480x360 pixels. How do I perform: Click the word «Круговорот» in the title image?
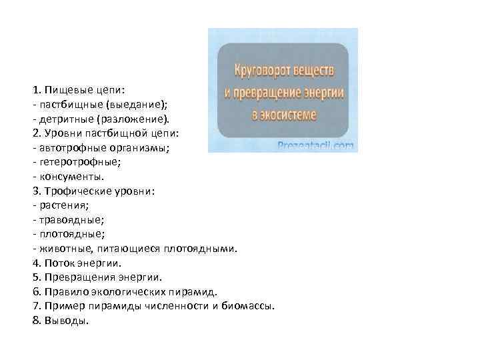pyautogui.click(x=262, y=70)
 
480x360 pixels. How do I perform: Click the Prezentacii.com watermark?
pyautogui.click(x=316, y=144)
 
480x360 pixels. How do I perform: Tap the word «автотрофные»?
pyautogui.click(x=70, y=147)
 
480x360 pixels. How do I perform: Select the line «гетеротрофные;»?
pyautogui.click(x=70, y=162)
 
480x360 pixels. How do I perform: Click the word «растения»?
pyautogui.click(x=63, y=205)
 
